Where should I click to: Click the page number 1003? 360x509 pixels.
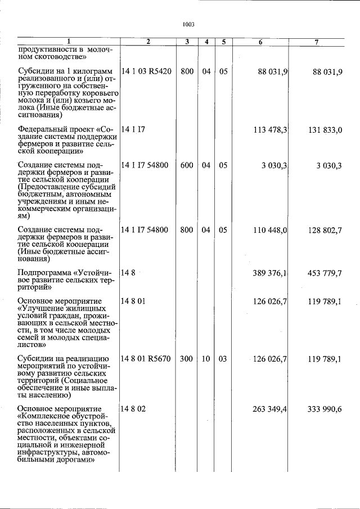pos(188,25)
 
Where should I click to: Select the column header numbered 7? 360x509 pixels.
pos(317,42)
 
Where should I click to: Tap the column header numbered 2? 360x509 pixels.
pos(148,42)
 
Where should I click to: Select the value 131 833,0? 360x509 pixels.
pos(325,130)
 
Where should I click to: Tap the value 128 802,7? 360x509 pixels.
pos(325,230)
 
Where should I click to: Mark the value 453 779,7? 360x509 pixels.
pos(325,273)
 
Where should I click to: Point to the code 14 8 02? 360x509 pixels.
pos(133,409)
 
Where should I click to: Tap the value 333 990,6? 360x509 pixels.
pos(325,409)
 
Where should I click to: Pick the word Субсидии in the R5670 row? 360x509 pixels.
pos(35,359)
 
